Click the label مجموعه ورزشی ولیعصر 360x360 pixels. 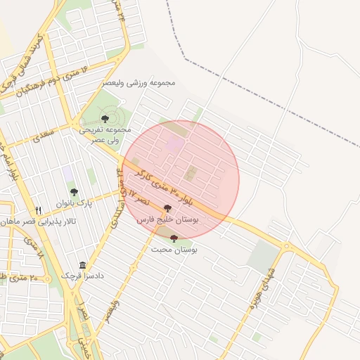(139, 82)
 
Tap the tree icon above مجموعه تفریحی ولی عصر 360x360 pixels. (105, 119)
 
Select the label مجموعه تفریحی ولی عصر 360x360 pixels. (105, 134)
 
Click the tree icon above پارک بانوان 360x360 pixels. (74, 191)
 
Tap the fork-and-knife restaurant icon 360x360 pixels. (39, 210)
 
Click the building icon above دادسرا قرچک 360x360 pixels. (84, 265)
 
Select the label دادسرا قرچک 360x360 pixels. (84, 276)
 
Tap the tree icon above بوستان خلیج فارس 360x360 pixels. (167, 208)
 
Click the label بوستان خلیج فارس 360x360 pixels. (169, 220)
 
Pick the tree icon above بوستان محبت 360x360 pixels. (174, 238)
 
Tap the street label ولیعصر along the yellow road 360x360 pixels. (112, 310)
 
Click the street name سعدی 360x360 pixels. (44, 135)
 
